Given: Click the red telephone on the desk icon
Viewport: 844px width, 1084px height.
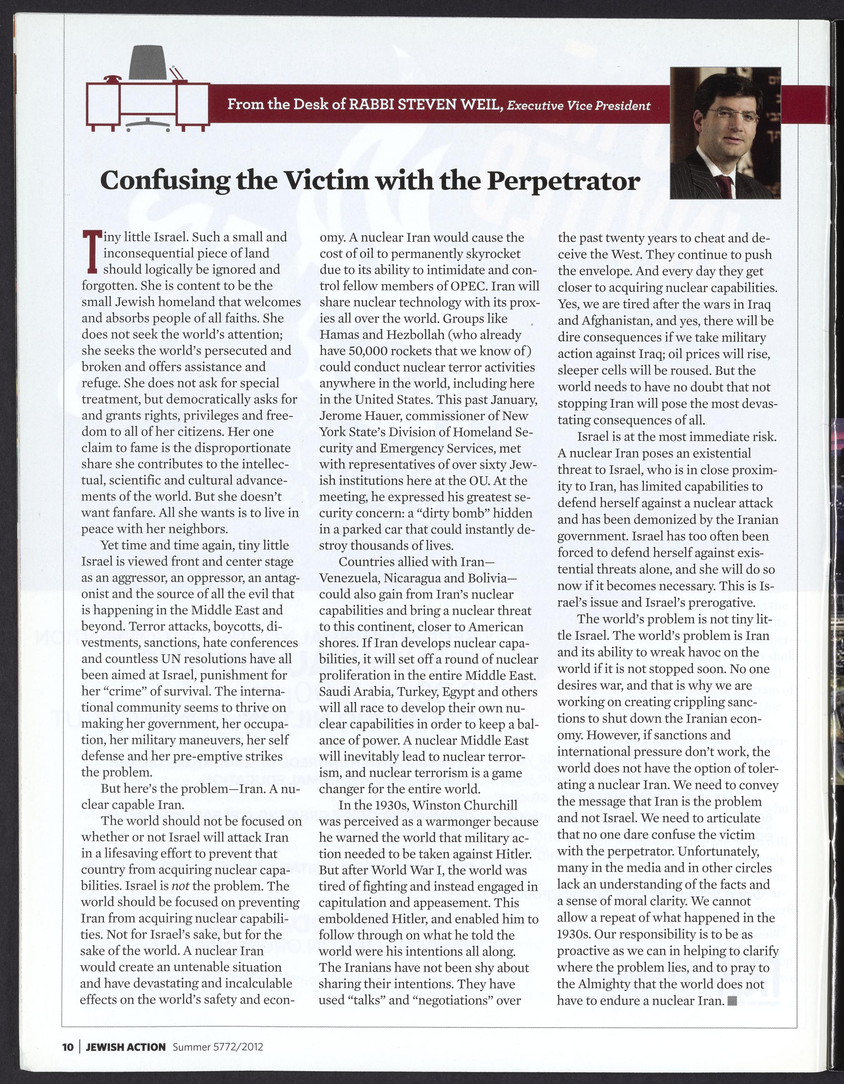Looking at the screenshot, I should coord(113,78).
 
